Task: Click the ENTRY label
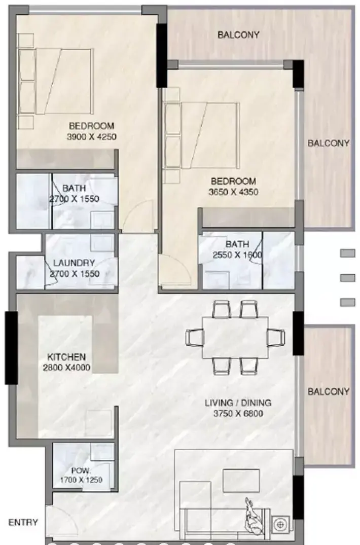23,522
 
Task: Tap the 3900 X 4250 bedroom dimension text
91,136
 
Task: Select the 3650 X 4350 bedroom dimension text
234,192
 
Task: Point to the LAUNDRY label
74,263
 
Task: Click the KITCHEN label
66,357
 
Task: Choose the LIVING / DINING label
238,403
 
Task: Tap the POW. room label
81,471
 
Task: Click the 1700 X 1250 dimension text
81,480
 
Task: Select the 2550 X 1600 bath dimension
237,255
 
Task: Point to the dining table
235,338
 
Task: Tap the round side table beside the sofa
280,524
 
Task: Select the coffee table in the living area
241,481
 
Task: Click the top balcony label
238,35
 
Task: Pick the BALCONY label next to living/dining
329,392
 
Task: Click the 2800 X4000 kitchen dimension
67,368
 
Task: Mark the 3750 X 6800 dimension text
238,414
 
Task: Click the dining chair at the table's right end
276,338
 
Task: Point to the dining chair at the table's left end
195,338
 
